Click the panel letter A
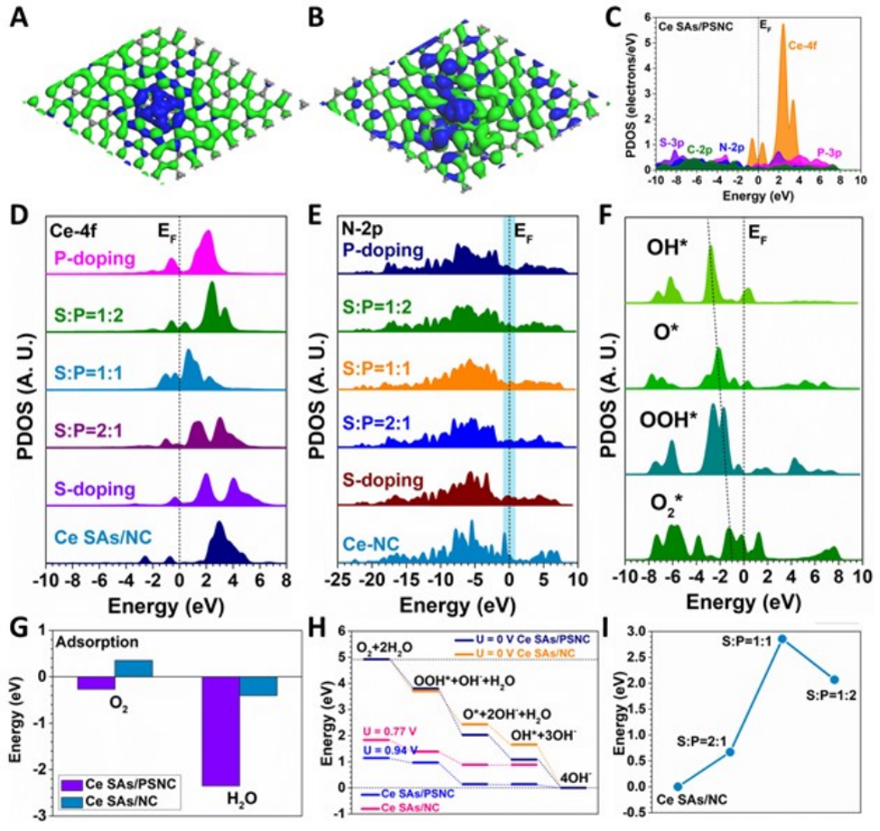click(x=19, y=17)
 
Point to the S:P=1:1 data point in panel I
click(x=782, y=639)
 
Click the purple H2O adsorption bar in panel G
click(x=221, y=731)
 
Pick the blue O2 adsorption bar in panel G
click(x=133, y=668)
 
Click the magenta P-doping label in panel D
click(x=88, y=256)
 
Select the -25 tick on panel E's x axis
click(x=336, y=577)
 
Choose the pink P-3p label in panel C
click(x=831, y=152)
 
